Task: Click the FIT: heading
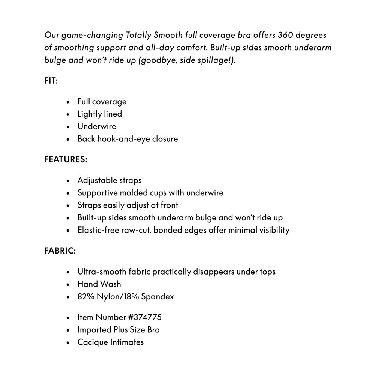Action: (51, 81)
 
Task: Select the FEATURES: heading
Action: (66, 159)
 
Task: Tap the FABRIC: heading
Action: (60, 251)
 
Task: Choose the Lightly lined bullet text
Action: (99, 114)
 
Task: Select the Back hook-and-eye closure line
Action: (127, 139)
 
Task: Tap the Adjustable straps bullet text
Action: (109, 180)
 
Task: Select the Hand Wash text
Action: (99, 284)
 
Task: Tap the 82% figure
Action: (85, 297)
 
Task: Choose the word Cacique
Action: (92, 342)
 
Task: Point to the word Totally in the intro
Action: (138, 35)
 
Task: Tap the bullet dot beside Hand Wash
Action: (68, 284)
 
